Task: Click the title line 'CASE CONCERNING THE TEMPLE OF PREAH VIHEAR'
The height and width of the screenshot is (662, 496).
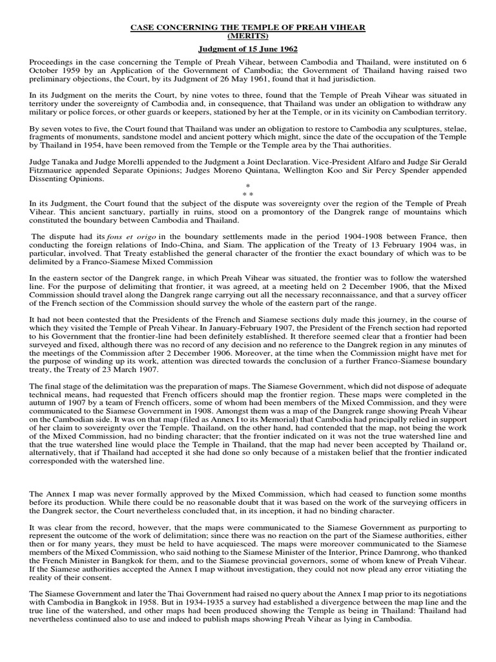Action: click(249, 27)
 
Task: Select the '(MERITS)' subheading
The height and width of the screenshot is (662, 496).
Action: click(249, 36)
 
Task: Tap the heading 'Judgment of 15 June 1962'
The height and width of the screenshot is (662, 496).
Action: click(249, 48)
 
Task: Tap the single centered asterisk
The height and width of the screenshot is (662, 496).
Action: click(247, 185)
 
